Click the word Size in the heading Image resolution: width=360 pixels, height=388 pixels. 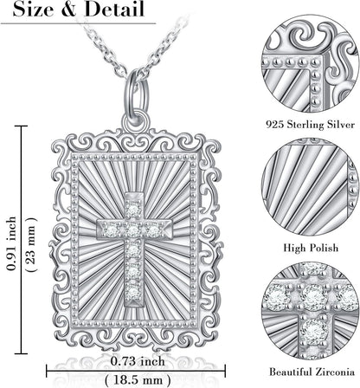pos(31,10)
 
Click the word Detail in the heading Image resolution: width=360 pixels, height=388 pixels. pos(114,10)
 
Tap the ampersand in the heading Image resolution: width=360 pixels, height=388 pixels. pos(67,10)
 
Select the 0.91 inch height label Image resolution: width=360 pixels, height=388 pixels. pos(12,243)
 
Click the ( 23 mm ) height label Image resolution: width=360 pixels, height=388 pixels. pos(31,243)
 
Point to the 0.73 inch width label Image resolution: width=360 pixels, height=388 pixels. pos(138,361)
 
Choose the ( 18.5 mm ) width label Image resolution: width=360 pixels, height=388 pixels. pos(138,378)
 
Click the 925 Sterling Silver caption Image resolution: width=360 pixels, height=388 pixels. pos(310,125)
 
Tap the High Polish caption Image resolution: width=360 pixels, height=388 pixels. pos(311,248)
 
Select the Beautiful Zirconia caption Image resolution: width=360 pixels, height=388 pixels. pos(312,372)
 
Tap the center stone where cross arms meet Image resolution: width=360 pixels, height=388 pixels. pos(132,230)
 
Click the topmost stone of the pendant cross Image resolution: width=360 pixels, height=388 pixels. pos(133,208)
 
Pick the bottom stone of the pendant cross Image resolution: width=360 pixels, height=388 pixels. pos(133,289)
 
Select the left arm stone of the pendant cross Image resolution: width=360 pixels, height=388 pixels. pos(111,230)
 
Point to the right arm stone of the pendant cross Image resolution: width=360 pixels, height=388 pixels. pos(154,230)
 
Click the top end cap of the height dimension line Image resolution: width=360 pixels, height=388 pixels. pos(21,126)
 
